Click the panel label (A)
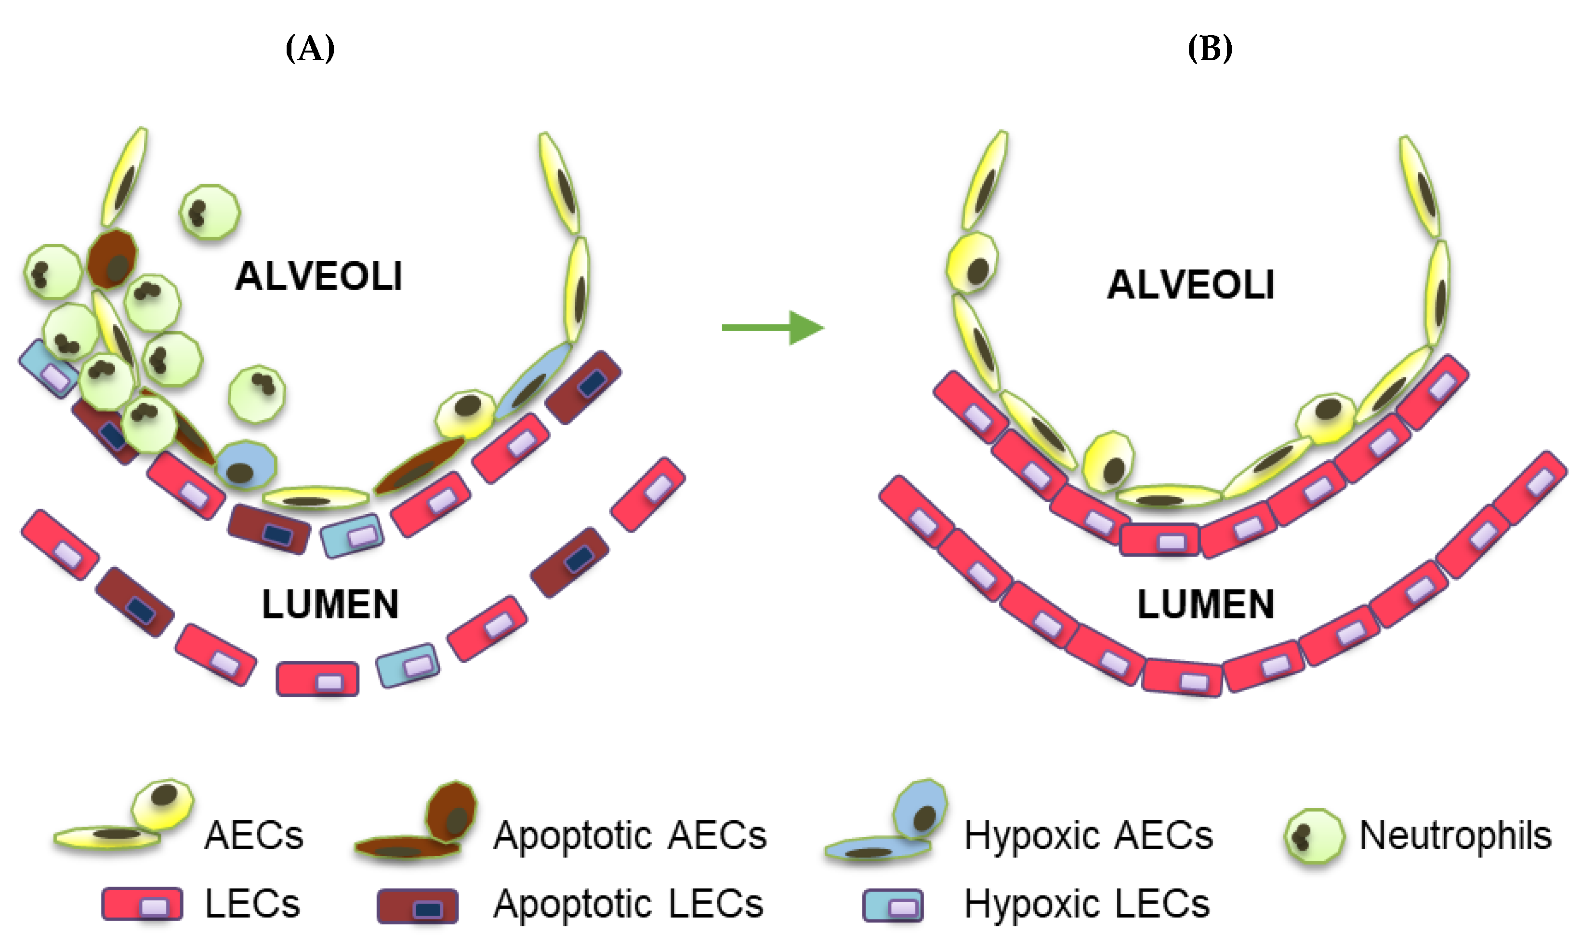pyautogui.click(x=310, y=49)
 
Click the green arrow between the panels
pyautogui.click(x=773, y=328)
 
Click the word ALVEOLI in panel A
pyautogui.click(x=318, y=277)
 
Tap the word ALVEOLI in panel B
pyautogui.click(x=1190, y=285)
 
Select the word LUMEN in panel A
pyautogui.click(x=330, y=604)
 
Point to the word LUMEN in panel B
pyautogui.click(x=1205, y=604)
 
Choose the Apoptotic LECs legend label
pyautogui.click(x=628, y=904)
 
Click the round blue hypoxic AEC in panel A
pyautogui.click(x=245, y=466)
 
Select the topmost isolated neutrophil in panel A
pyautogui.click(x=210, y=212)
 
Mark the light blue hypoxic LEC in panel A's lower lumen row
pyautogui.click(x=408, y=665)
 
